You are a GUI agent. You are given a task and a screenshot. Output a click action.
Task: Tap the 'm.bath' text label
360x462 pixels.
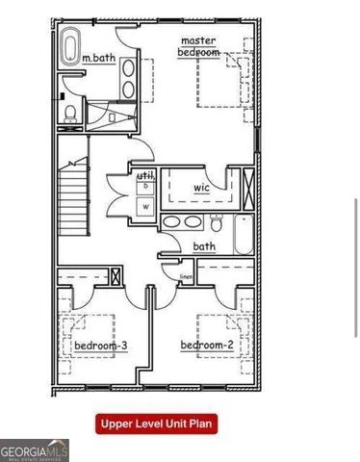click(x=98, y=58)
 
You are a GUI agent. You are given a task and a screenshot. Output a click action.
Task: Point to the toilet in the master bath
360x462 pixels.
click(x=70, y=114)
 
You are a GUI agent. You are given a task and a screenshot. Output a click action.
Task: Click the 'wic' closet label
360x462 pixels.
click(x=201, y=188)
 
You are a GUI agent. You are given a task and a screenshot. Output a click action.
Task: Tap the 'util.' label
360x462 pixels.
click(x=146, y=175)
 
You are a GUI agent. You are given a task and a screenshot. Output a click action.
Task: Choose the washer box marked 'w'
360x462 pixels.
click(x=146, y=205)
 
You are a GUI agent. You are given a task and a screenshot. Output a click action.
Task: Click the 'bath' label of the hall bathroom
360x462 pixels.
click(x=204, y=247)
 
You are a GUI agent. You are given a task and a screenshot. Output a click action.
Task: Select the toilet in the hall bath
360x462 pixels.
click(x=219, y=225)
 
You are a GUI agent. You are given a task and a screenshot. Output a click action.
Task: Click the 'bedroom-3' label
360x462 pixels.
click(x=95, y=345)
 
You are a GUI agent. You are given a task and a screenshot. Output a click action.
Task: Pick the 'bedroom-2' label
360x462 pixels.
click(x=207, y=345)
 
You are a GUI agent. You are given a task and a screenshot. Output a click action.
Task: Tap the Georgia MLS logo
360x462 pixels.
click(x=35, y=449)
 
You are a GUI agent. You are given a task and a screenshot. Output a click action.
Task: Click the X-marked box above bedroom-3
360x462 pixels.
click(x=116, y=277)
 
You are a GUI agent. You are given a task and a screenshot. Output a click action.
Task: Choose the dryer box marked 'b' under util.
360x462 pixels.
click(x=146, y=187)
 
